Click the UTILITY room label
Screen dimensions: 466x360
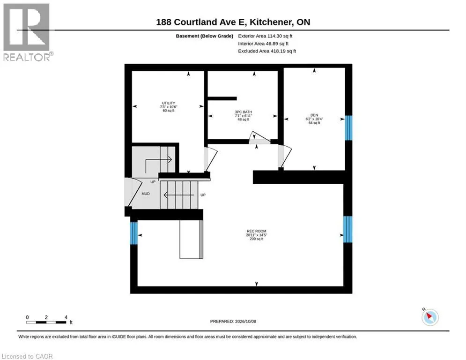169,103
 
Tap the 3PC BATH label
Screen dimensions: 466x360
244,112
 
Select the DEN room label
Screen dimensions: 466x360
314,115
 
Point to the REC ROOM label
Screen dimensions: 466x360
257,231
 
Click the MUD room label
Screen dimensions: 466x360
146,194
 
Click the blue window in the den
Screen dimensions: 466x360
348,127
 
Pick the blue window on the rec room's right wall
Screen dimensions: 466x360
348,229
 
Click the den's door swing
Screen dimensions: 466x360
285,157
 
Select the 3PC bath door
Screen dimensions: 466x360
259,138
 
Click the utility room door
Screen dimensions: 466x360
211,159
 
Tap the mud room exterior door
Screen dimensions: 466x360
133,192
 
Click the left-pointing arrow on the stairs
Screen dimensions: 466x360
179,195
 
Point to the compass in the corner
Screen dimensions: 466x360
430,317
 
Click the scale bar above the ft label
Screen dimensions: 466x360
46,322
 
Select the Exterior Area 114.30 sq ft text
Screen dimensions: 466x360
265,36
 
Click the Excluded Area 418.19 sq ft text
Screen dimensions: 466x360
267,51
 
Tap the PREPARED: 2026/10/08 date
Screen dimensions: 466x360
233,321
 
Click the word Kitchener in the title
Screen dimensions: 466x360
271,22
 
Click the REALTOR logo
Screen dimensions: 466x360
27,32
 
